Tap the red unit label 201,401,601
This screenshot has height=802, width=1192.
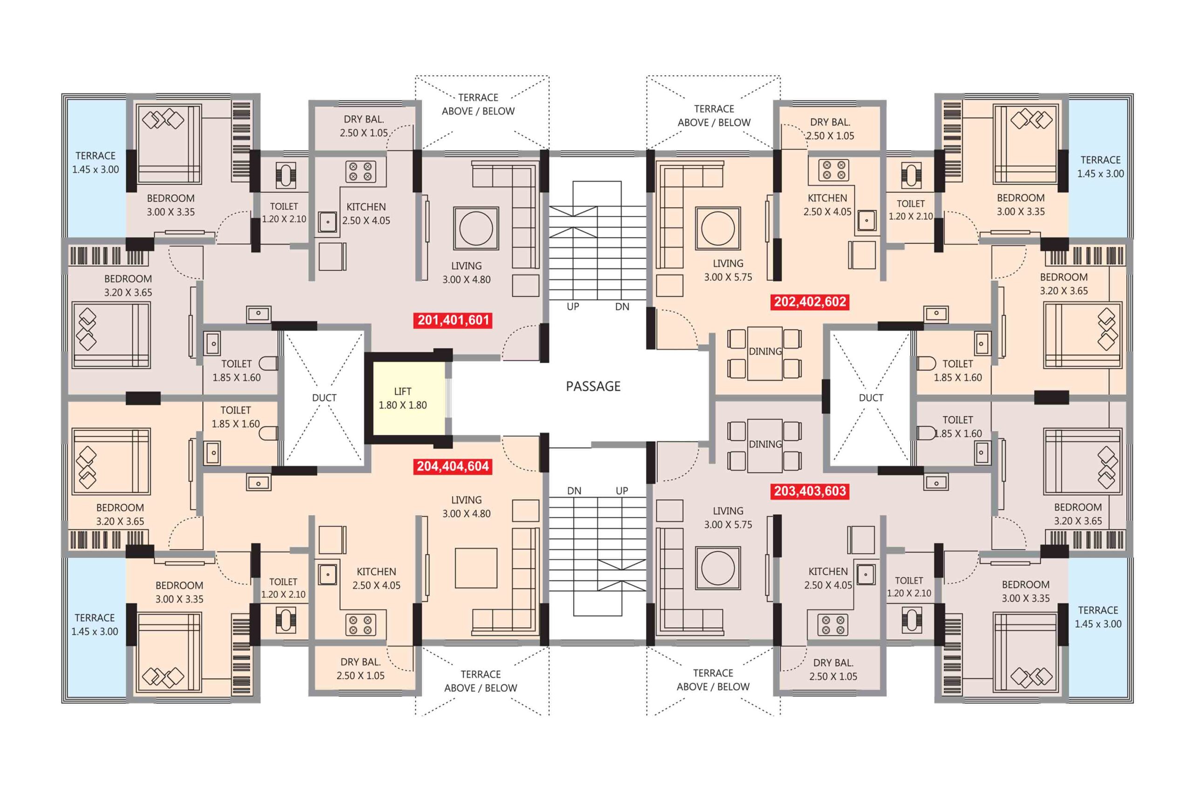click(x=453, y=320)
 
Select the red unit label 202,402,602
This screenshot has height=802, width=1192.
click(x=810, y=302)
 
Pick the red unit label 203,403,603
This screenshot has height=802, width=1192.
click(x=810, y=491)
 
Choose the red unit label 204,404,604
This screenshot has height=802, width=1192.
click(x=453, y=466)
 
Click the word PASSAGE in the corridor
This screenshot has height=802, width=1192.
click(x=593, y=386)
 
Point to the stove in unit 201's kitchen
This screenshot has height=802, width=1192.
click(x=360, y=171)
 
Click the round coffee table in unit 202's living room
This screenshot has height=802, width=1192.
click(x=718, y=228)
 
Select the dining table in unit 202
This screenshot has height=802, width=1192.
click(x=765, y=354)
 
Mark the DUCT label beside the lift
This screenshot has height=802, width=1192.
click(x=325, y=397)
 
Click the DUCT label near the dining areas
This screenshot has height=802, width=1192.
click(x=871, y=397)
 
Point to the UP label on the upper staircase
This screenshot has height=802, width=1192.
click(x=573, y=307)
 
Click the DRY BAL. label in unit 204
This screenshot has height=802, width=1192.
click(x=360, y=662)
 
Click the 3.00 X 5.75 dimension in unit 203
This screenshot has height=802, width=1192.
click(x=728, y=524)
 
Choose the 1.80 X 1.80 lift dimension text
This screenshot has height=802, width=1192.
click(x=403, y=405)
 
